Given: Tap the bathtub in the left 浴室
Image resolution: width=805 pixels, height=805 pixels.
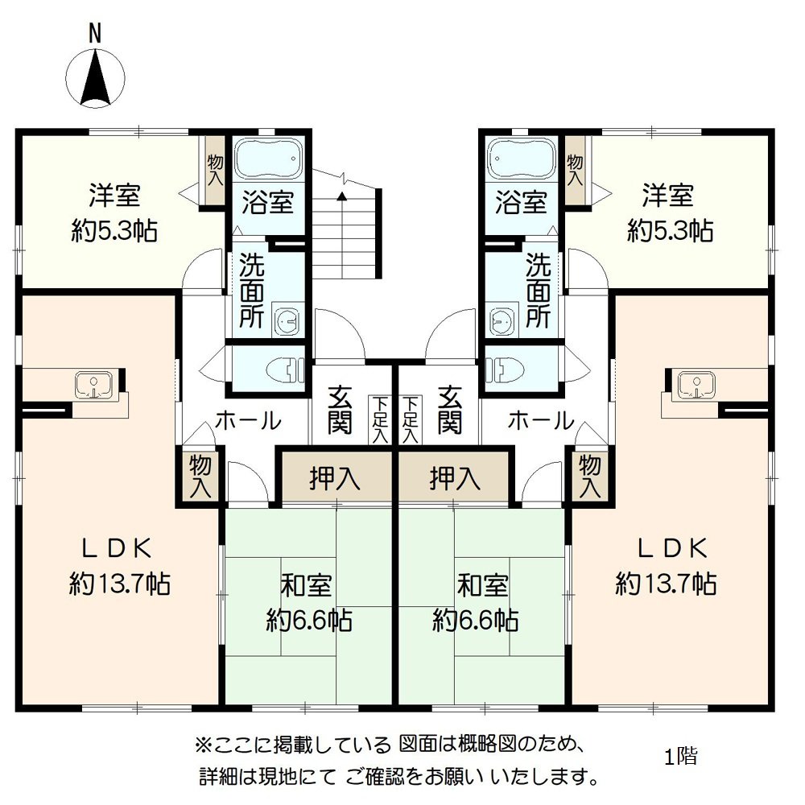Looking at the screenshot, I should [x=268, y=159].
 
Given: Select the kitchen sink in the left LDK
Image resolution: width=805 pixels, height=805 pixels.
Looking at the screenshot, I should [x=94, y=385].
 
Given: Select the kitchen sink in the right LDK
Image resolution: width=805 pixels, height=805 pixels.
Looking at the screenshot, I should [x=695, y=385].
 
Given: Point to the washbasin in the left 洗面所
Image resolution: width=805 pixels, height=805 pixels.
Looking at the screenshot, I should [x=286, y=320].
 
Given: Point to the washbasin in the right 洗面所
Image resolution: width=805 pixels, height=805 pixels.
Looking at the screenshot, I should [x=503, y=320].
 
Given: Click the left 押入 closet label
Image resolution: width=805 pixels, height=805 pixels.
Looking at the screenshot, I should [x=335, y=479].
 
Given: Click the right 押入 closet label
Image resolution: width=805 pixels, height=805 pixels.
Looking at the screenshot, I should [x=455, y=479].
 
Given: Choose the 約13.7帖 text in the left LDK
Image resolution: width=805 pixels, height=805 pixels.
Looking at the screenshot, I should [x=119, y=584].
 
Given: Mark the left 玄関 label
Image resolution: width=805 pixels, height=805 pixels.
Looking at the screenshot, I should [x=340, y=411].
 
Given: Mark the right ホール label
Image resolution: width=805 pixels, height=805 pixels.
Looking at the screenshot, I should [x=541, y=420].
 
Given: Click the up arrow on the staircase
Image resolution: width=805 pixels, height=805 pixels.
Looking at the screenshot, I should [x=343, y=196].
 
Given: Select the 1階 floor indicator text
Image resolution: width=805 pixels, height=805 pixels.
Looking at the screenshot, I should [x=681, y=757].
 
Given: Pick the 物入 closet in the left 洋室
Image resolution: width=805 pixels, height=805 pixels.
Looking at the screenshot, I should [x=213, y=171].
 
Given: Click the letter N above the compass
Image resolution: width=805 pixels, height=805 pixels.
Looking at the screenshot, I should [x=95, y=32].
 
